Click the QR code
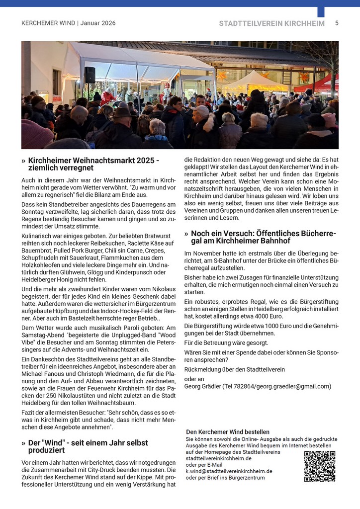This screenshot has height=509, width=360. pyautogui.click(x=319, y=466)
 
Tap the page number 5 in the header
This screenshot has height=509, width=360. pyautogui.click(x=337, y=23)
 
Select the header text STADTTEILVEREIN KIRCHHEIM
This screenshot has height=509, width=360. pyautogui.click(x=271, y=23)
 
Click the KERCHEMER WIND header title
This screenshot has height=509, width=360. pyautogui.click(x=48, y=23)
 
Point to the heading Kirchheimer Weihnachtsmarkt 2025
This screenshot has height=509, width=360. pyautogui.click(x=93, y=161)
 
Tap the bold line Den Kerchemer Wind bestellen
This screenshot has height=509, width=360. pyautogui.click(x=228, y=432)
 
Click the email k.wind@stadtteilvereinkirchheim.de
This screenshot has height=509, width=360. pyautogui.click(x=229, y=471)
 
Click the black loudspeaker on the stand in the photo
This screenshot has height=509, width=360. pyautogui.click(x=90, y=75)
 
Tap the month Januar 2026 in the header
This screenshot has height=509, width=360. pyautogui.click(x=98, y=23)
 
